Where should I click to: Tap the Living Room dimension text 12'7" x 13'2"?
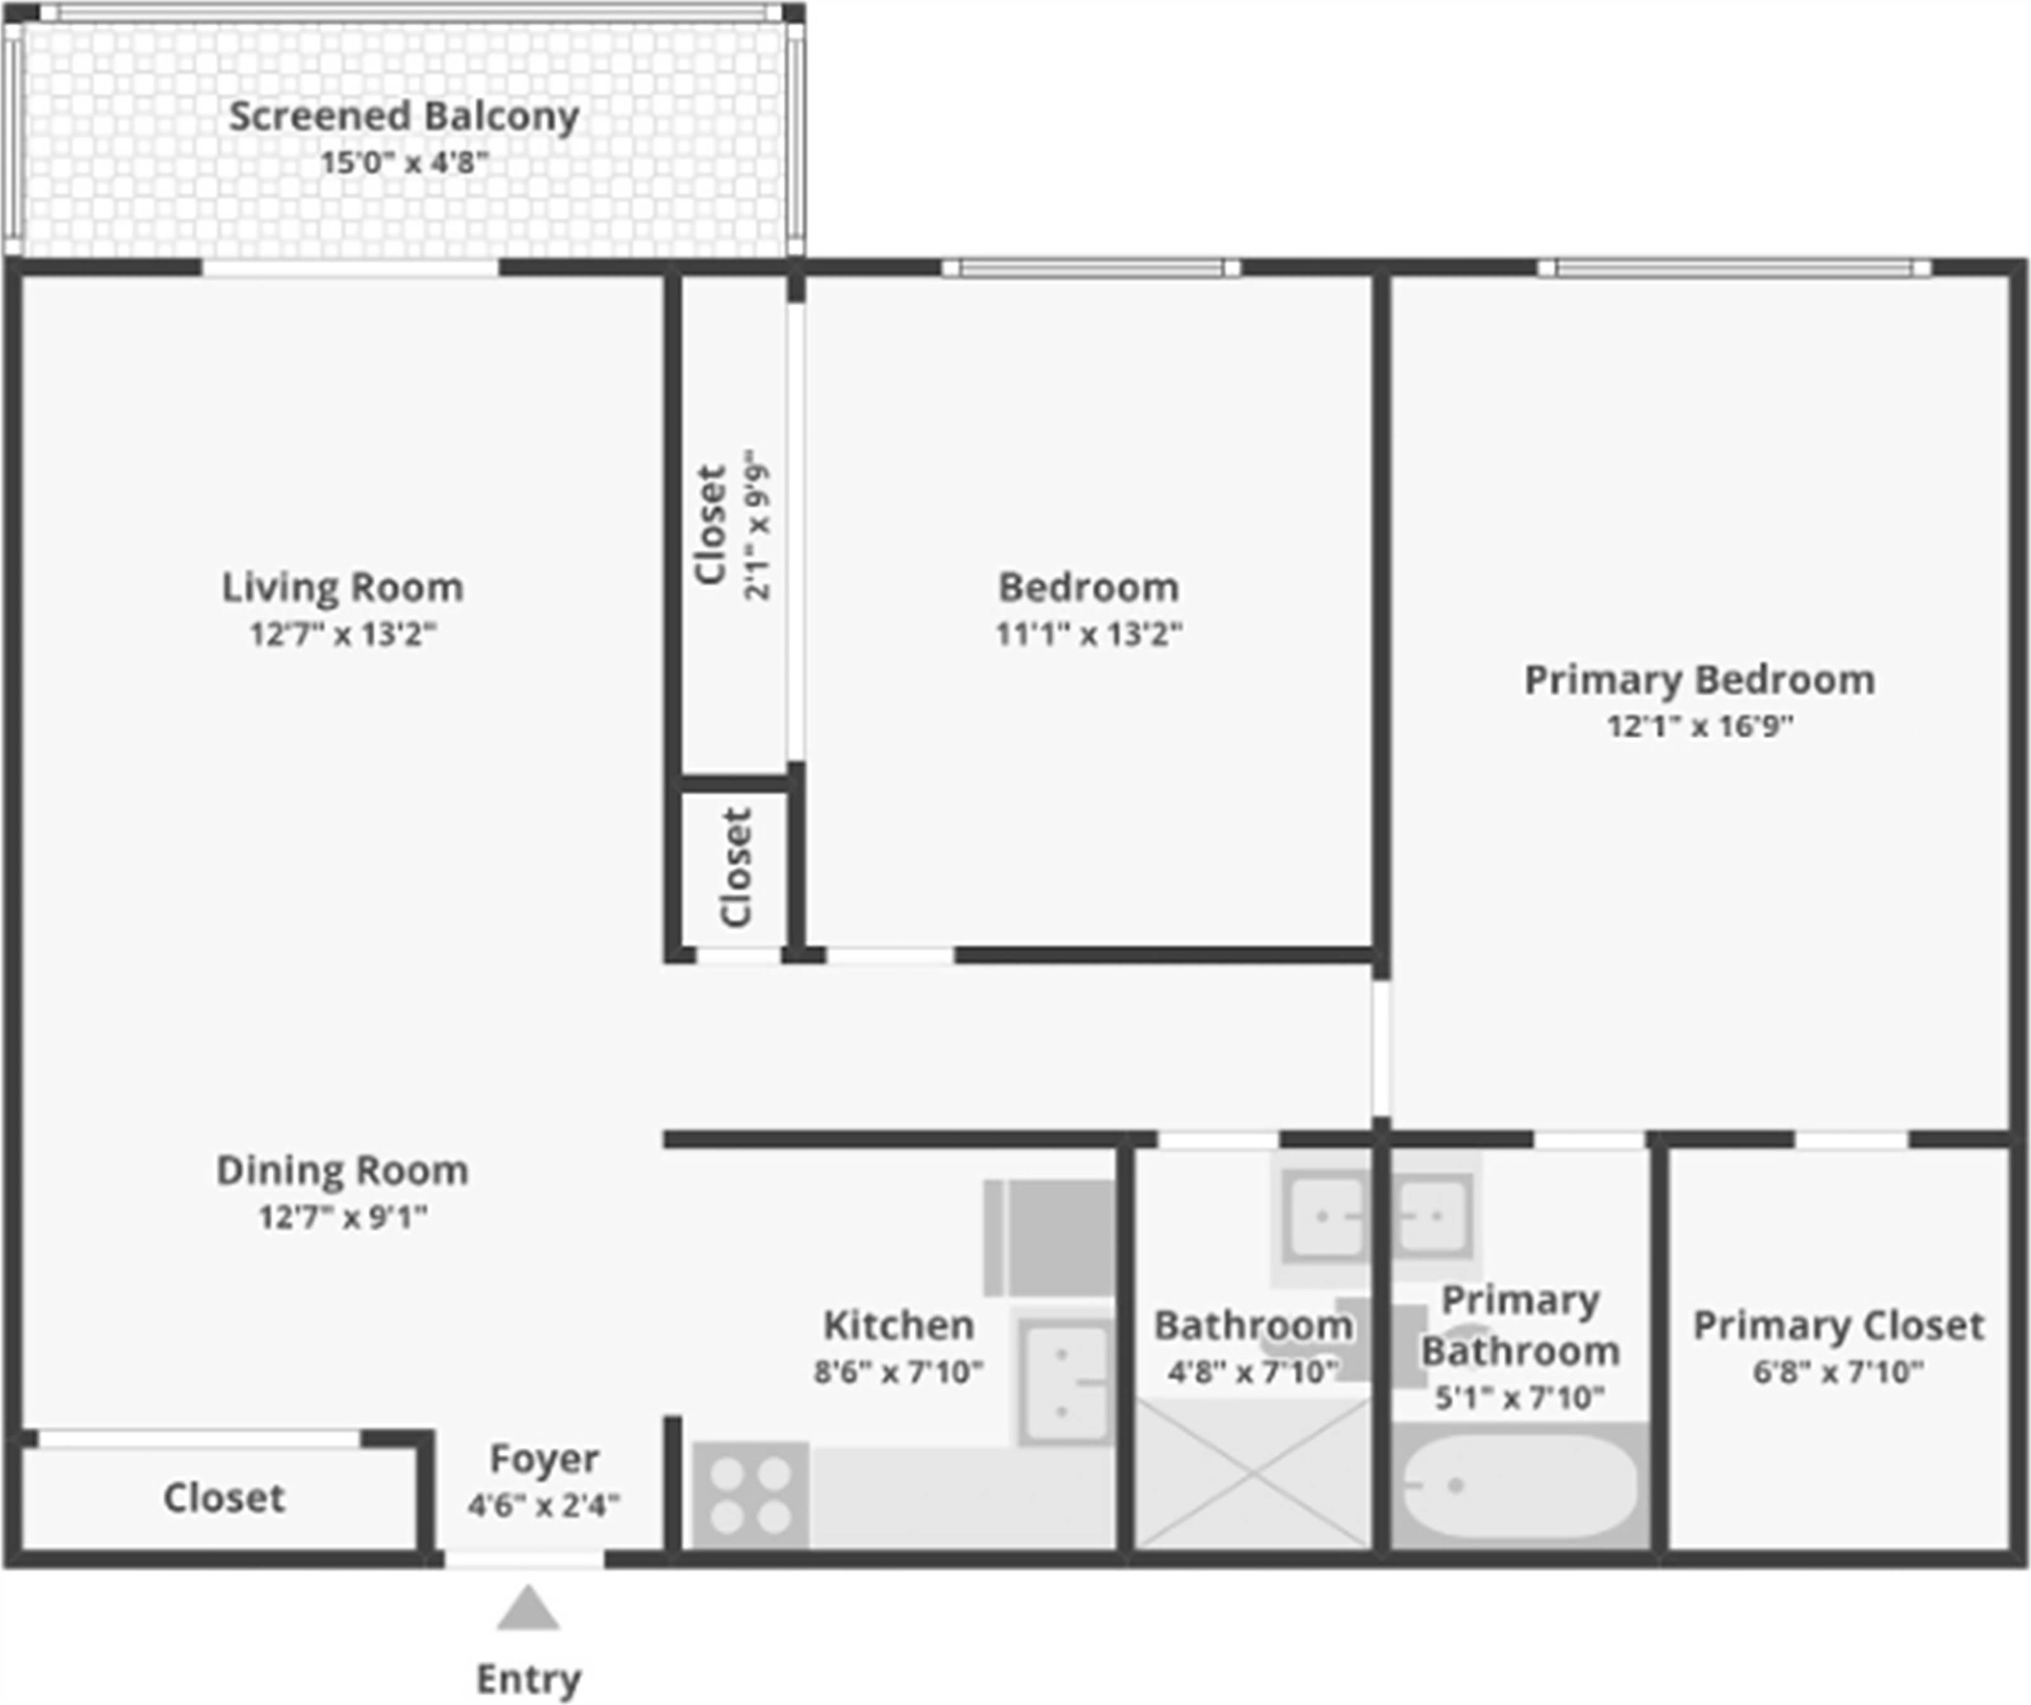pos(343,634)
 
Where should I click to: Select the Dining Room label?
pos(342,1170)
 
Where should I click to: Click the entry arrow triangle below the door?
pos(528,1609)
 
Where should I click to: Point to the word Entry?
pos(528,1679)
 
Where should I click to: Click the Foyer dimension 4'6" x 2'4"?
pos(543,1506)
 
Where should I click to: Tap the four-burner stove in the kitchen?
pos(750,1495)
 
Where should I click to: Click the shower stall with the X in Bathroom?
pos(1252,1474)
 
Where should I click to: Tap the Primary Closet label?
pos(1837,1325)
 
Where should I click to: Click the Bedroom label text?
pos(1088,587)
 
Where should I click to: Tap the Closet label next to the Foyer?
pos(223,1498)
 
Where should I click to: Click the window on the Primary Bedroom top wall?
pos(1733,268)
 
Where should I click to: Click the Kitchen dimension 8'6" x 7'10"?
pos(897,1372)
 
